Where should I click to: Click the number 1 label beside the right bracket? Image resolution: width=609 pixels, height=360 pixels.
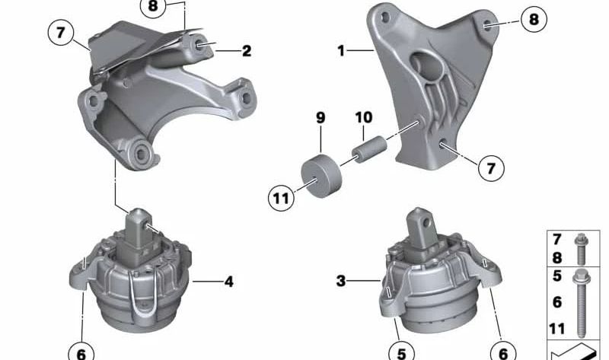point(342,51)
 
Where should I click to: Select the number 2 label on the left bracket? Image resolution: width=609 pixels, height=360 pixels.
point(246,51)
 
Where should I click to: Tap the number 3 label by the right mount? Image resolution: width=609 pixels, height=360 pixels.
point(341,282)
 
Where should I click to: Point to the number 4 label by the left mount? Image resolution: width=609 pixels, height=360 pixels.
point(228,282)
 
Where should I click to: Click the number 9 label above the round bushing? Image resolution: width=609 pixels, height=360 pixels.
point(320,118)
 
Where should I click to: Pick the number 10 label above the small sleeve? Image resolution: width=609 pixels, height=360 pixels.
point(363,118)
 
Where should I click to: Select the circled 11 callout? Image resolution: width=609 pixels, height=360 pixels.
point(282,199)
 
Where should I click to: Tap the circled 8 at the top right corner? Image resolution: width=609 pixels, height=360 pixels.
point(533,19)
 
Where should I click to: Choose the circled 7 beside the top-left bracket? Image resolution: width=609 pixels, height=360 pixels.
point(59,33)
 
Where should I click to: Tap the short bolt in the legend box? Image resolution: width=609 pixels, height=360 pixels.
point(581,247)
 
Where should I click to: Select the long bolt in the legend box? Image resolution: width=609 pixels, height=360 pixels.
point(582,304)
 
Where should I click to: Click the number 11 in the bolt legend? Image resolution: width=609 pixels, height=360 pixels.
point(558,328)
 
